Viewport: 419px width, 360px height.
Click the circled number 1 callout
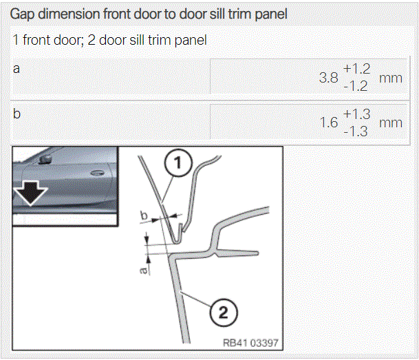click(178, 162)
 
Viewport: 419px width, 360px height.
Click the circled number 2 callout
click(224, 312)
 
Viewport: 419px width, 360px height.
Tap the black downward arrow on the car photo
click(30, 193)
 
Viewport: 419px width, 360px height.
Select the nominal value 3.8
click(328, 78)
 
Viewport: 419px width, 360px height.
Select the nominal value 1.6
click(329, 123)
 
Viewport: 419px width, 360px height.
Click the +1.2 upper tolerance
click(356, 69)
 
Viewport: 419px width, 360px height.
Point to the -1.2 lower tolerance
click(356, 86)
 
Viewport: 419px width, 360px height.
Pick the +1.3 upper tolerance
click(356, 114)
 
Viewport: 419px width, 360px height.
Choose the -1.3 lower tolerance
click(356, 131)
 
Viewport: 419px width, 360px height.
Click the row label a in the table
click(17, 69)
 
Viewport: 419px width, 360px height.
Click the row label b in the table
click(17, 114)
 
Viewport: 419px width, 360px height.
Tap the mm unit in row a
click(391, 78)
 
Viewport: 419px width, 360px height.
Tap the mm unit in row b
click(391, 123)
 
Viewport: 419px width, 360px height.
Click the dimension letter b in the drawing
click(144, 215)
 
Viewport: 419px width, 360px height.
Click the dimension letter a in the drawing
click(144, 271)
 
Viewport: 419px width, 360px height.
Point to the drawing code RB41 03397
click(250, 343)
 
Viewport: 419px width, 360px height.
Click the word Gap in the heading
click(22, 14)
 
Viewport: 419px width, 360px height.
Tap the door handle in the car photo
click(97, 173)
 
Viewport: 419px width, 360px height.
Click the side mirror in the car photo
click(45, 159)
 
